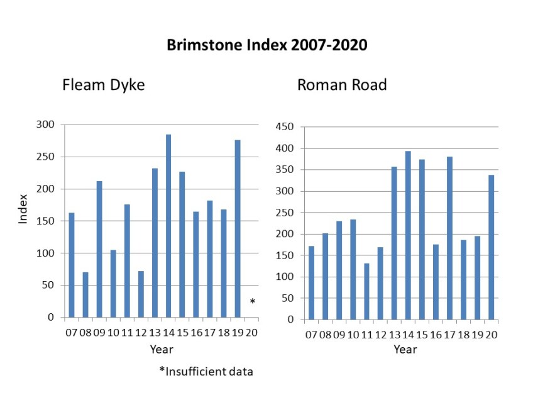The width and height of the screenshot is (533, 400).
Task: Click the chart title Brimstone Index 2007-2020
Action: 266,45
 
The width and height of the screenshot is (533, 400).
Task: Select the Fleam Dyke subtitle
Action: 103,85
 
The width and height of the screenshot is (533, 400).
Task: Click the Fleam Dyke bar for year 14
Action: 168,226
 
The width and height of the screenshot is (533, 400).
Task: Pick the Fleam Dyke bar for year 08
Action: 85,294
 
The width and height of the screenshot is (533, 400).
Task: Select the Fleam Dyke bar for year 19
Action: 238,228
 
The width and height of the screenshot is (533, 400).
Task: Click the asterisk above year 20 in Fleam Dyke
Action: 252,303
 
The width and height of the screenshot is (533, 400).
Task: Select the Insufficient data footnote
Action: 206,371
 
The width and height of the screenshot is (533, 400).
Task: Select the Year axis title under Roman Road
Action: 405,349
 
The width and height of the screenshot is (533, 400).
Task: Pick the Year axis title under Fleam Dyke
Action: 162,348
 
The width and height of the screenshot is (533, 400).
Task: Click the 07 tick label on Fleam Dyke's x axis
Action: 72,332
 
